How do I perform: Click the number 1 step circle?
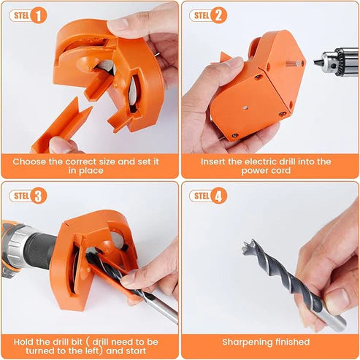coord(39,15)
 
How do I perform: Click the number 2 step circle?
coord(218,15)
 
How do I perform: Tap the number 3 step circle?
coord(39,195)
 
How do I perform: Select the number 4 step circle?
coord(218,195)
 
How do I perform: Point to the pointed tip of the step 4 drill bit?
coord(246,243)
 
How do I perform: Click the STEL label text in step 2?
coord(201,15)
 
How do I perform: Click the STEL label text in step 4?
coord(201,195)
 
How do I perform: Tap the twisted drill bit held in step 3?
coord(131,281)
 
